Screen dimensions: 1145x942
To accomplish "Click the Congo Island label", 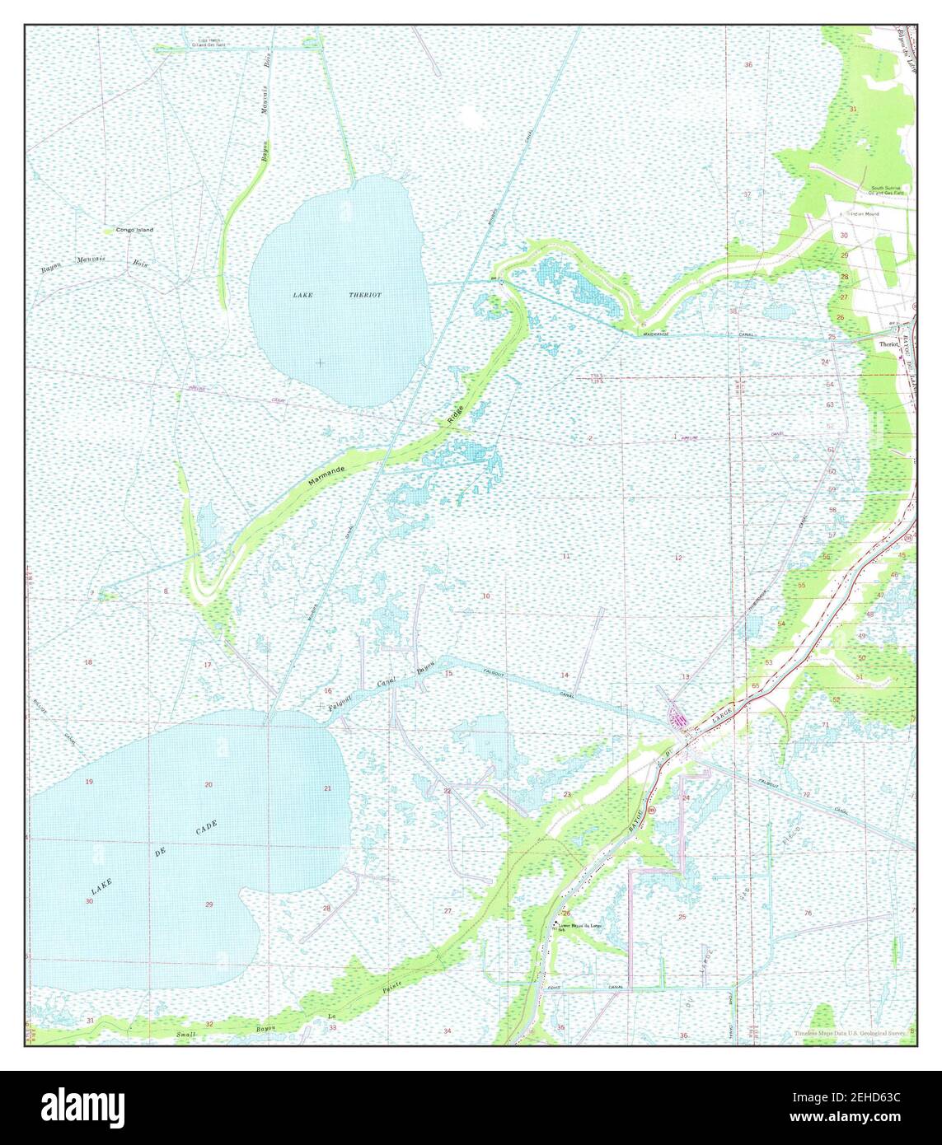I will click(x=134, y=230).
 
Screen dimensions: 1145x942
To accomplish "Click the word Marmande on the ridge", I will click(x=327, y=474).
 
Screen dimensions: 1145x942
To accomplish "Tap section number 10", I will click(x=486, y=596).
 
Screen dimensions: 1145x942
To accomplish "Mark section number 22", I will click(x=448, y=791).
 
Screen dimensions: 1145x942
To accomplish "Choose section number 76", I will click(x=808, y=913).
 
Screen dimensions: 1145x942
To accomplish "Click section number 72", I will click(x=806, y=794).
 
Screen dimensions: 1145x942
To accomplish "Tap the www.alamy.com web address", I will click(x=856, y=1118).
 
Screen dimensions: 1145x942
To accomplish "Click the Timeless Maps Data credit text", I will click(x=849, y=1033).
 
